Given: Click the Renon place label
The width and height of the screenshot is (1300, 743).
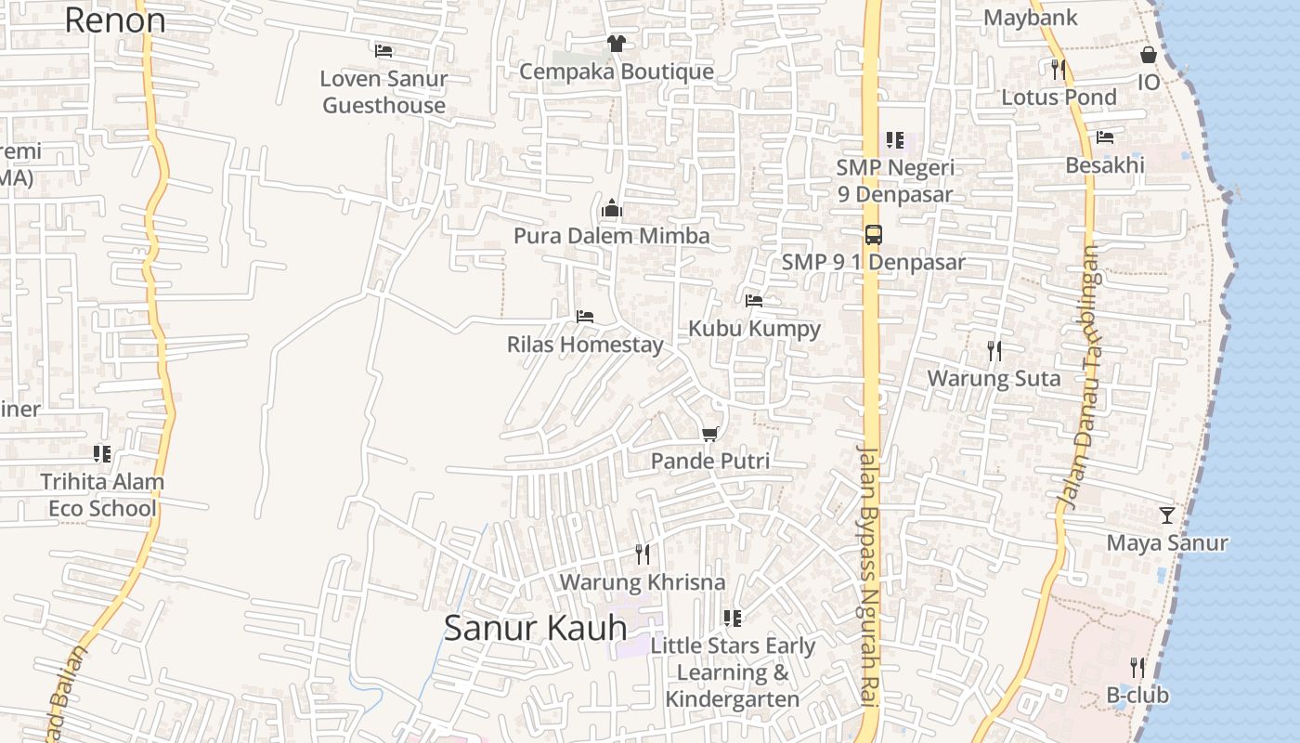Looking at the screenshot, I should pos(115,20).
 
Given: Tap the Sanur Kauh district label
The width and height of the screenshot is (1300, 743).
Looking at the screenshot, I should pos(536,628).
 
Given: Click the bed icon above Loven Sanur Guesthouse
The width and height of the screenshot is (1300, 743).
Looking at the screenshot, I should pos(383,50).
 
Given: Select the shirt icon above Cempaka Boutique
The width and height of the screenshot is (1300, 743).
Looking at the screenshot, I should pos(616,43).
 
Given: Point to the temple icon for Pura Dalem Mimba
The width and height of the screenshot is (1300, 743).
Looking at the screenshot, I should pos(611,208).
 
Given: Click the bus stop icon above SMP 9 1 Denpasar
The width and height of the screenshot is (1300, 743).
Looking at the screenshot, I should pos(873,234).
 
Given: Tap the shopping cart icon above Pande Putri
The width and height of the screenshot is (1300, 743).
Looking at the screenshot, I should pos(710,434).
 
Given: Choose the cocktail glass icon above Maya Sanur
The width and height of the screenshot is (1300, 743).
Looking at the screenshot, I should pos(1167,515).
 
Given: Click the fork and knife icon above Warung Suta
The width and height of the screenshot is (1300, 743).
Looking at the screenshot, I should pos(994,350).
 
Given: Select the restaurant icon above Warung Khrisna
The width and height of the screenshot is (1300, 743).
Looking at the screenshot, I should pos(642,554).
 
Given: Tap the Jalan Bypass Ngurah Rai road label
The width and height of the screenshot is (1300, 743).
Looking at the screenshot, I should pos(869,576).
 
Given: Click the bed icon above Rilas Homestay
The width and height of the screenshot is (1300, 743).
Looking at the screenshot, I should pos(585,317).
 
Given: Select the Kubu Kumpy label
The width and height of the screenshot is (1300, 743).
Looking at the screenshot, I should pos(754,329).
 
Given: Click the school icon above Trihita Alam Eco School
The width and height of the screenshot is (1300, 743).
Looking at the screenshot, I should pos(102,454).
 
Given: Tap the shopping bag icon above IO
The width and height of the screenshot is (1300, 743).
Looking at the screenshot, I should pos(1149,55).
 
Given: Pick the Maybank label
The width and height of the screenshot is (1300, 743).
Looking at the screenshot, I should pos(1030,18).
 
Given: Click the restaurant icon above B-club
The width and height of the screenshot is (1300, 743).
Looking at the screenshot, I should pos(1137,667).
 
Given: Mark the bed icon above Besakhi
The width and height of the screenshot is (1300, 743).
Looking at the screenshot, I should pos(1105,137).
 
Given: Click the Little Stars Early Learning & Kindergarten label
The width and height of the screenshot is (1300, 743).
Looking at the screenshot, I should pos(733,672).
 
